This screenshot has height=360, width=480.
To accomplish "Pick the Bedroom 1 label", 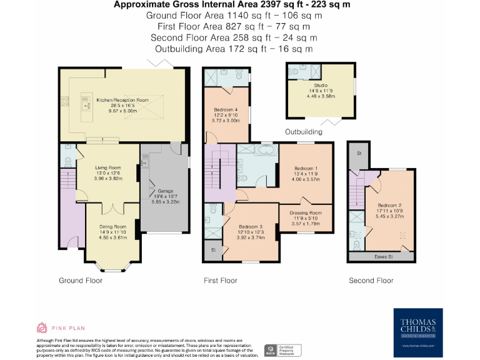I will (x=306, y=169).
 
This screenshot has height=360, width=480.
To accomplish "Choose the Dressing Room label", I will (x=306, y=212).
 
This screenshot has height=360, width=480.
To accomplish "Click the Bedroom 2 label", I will (x=389, y=205).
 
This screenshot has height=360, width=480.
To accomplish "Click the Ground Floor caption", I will (x=81, y=281).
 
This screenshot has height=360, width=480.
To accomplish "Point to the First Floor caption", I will (x=221, y=281).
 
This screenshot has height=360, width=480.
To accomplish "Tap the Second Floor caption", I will (x=371, y=281).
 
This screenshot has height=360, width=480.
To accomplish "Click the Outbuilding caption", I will (x=304, y=132).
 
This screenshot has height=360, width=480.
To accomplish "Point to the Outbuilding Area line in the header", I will (x=234, y=49).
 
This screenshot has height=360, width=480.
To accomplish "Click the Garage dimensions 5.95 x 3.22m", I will (x=165, y=202).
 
